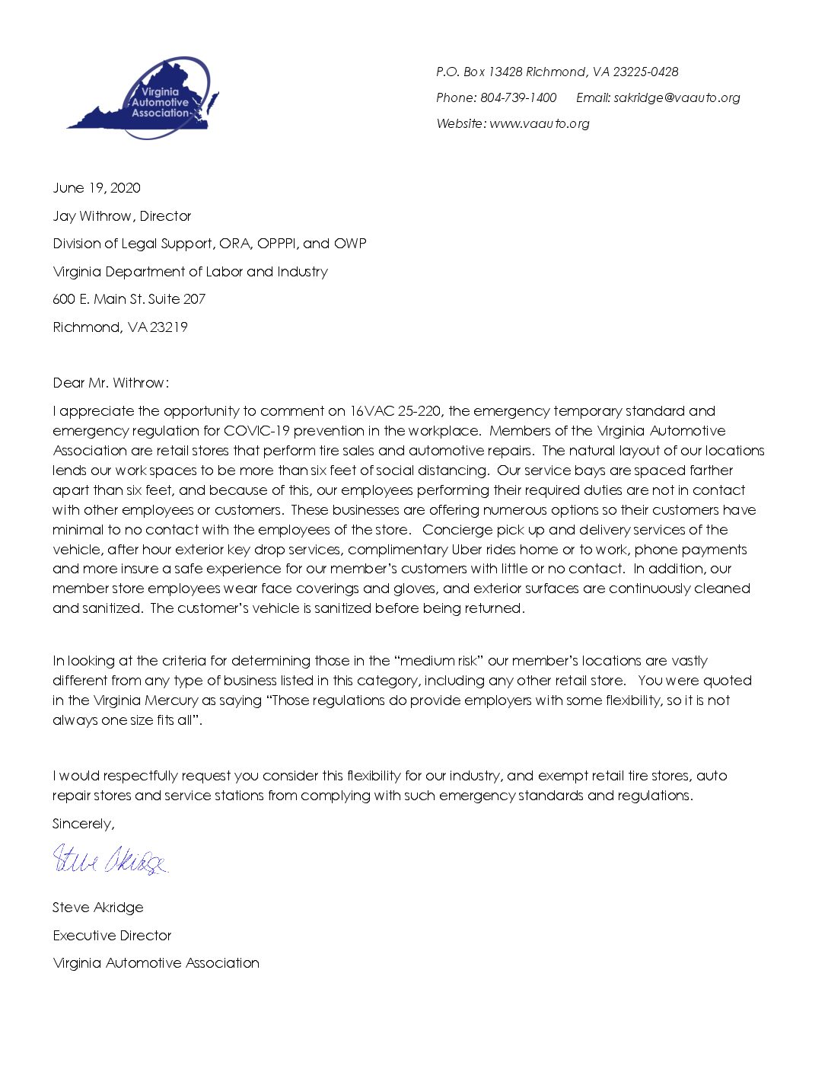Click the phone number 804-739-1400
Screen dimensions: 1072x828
point(518,97)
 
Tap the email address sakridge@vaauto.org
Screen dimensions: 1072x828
point(677,97)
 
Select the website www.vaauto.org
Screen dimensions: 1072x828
point(540,123)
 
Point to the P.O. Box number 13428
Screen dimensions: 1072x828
point(505,72)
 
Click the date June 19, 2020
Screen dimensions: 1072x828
point(97,188)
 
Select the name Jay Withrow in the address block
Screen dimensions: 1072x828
point(92,216)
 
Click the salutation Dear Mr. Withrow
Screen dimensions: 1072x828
point(110,383)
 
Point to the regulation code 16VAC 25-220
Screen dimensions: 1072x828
point(395,411)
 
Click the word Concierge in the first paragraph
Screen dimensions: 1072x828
point(458,530)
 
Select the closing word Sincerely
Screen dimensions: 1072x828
point(83,824)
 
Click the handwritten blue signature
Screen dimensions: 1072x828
point(110,860)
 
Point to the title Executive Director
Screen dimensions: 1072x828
point(112,936)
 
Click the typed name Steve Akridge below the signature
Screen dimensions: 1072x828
point(97,908)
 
